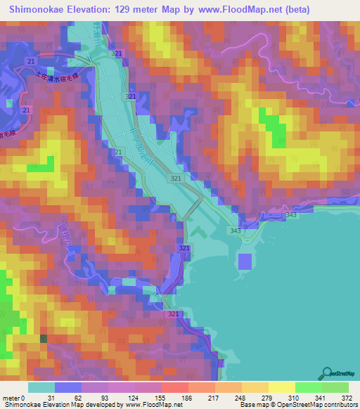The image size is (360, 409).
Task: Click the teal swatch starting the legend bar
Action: click(42, 387)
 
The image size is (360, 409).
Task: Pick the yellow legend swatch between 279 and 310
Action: click(282, 387)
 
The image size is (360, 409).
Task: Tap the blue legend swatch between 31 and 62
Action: click(68, 387)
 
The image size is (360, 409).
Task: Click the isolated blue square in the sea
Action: click(245, 261)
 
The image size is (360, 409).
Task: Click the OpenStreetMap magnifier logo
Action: click(327, 372)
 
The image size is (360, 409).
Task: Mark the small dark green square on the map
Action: click(44, 339)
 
